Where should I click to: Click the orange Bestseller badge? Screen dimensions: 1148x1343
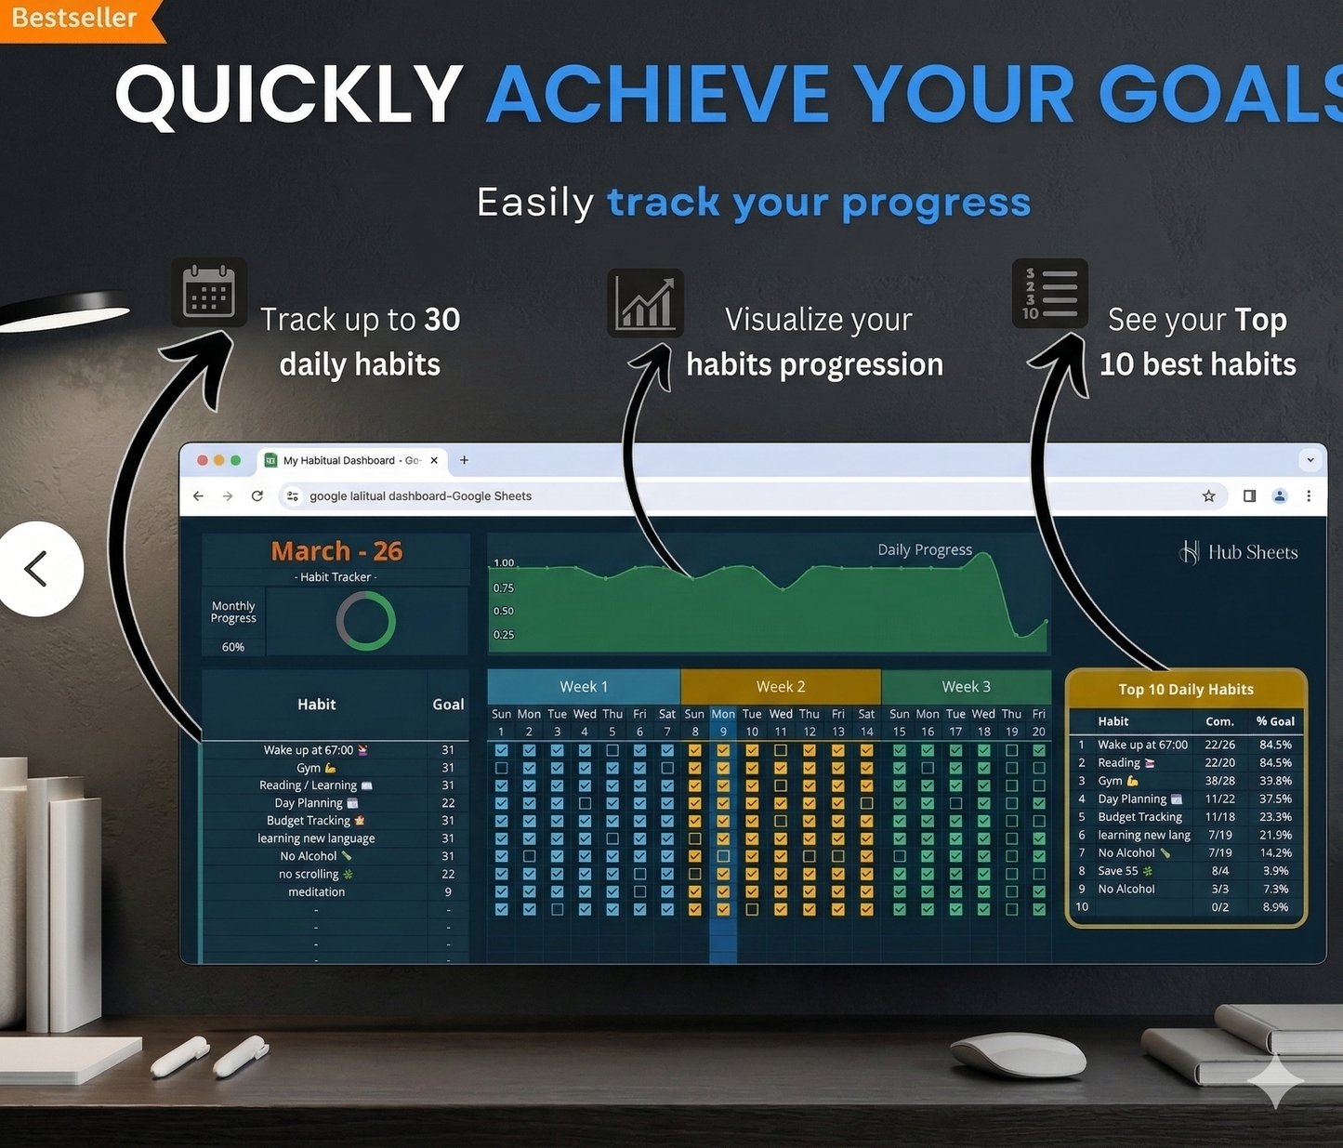(74, 19)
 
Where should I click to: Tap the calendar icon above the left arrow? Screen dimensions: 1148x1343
(209, 292)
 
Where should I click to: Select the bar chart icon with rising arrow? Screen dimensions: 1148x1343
(645, 303)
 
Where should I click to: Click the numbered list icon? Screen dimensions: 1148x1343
(1050, 294)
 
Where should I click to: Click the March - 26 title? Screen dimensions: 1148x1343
(336, 551)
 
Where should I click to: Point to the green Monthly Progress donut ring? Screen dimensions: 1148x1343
(365, 622)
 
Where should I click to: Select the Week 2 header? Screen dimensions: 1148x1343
(781, 687)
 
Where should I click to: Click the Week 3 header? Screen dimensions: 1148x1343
(966, 687)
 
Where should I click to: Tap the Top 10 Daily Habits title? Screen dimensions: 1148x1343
(1186, 690)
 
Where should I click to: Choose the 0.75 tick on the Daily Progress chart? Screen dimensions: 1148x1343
(503, 587)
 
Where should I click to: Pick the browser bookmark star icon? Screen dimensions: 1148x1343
(1208, 496)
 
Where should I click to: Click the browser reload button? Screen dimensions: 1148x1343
(257, 496)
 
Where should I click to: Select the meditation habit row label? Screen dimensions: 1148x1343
(316, 892)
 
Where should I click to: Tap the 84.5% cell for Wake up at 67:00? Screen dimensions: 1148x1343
(1275, 745)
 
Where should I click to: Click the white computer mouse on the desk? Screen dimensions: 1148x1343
(1018, 1055)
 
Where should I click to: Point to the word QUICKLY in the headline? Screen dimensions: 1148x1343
(288, 95)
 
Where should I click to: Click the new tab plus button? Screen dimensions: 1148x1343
(464, 460)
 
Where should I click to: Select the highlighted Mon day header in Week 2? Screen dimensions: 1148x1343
(723, 714)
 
